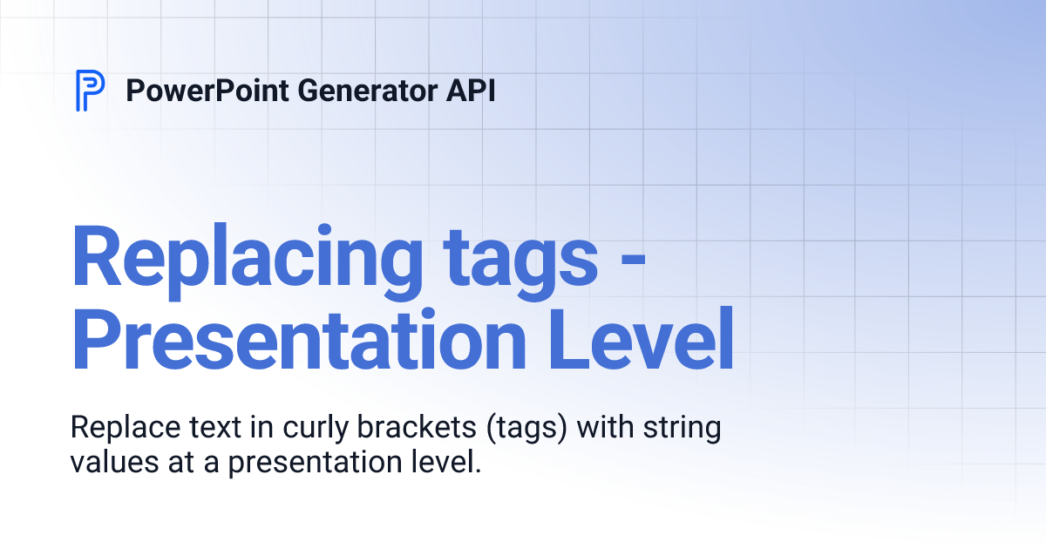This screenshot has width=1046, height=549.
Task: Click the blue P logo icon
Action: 90,90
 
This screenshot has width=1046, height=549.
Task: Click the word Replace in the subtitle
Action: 119,429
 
